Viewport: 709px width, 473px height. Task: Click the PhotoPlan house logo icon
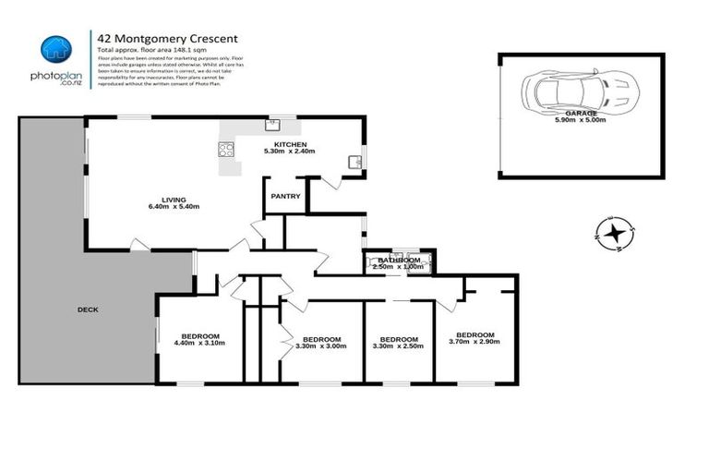tap(56, 48)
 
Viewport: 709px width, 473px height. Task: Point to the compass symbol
tap(614, 233)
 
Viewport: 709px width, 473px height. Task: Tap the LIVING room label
tap(174, 200)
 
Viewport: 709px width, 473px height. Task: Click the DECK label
tap(88, 309)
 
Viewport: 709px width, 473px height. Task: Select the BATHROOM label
tap(400, 261)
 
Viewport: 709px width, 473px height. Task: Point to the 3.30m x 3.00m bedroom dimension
tap(321, 346)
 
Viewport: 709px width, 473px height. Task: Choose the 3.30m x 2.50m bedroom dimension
tap(399, 346)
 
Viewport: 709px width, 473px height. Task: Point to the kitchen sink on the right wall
tap(354, 163)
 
